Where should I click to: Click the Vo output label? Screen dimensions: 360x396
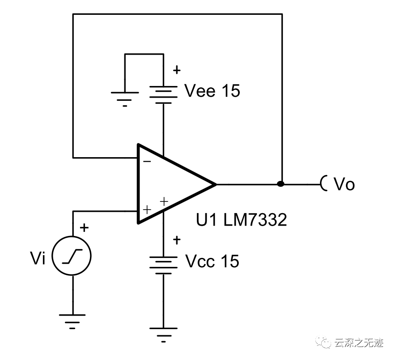[x=345, y=184]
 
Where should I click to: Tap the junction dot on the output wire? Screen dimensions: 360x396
[x=281, y=184]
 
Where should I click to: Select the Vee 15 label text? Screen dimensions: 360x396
[x=212, y=91]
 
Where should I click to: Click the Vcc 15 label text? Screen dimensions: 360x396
[x=212, y=261]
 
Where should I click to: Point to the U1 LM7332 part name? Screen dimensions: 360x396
[x=241, y=220]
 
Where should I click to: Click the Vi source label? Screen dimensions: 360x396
[x=38, y=258]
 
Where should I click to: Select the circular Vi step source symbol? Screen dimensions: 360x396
[x=72, y=257]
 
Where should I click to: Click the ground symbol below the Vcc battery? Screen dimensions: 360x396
[x=163, y=334]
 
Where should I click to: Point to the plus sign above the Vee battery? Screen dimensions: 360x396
[x=177, y=70]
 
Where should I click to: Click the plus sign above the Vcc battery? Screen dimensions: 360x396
[x=177, y=240]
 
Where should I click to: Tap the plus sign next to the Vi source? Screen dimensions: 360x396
[x=85, y=228]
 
